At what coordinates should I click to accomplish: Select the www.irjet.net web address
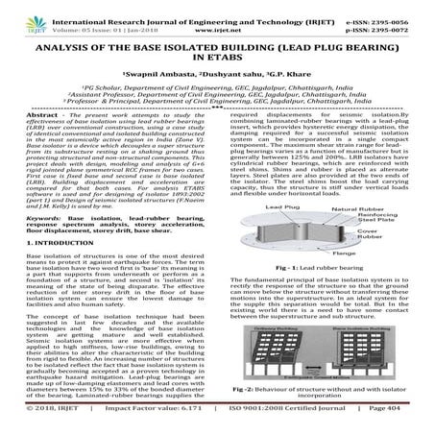click(217, 20)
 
